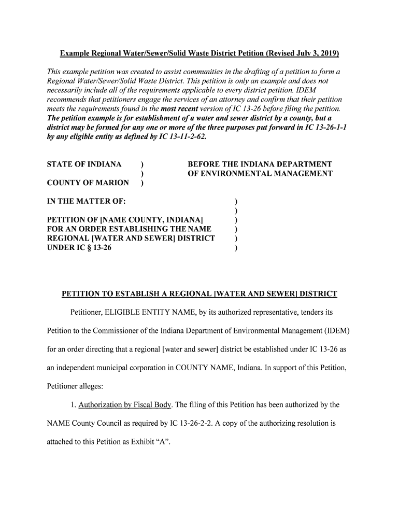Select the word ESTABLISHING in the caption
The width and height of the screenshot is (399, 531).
pos(144,229)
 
